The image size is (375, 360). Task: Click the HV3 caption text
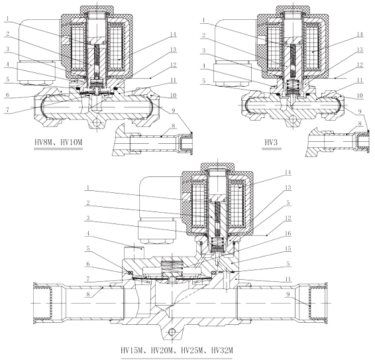click(272, 143)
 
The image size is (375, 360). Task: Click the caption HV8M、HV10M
click(58, 143)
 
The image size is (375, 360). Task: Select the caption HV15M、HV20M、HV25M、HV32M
click(176, 351)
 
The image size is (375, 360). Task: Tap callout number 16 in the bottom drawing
click(288, 233)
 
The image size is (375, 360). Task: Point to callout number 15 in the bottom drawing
click(288, 249)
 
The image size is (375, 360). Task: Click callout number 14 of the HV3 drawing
click(360, 34)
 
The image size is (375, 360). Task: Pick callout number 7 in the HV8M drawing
click(8, 110)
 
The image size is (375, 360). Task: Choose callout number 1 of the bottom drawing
click(87, 188)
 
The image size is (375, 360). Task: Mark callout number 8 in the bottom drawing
click(87, 294)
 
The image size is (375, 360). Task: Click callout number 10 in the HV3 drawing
click(360, 95)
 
